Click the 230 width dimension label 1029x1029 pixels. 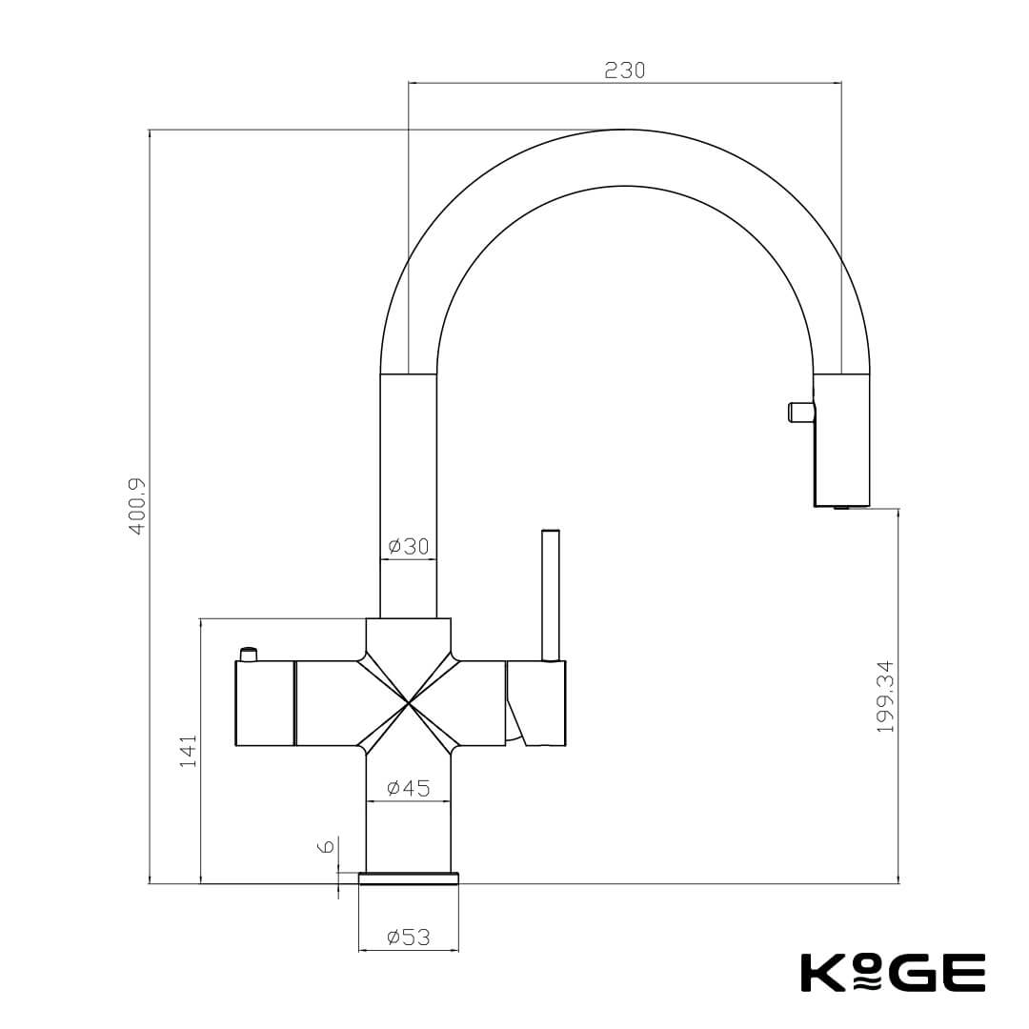(x=624, y=71)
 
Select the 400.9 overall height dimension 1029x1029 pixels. (x=137, y=506)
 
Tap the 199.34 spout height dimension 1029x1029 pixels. (x=886, y=696)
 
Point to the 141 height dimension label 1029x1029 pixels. (x=189, y=751)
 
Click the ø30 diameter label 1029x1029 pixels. (x=409, y=547)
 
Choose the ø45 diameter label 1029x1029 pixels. (x=409, y=788)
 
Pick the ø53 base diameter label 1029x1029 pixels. (x=409, y=938)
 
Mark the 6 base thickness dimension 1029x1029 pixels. (x=326, y=846)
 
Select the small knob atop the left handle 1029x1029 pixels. (x=249, y=654)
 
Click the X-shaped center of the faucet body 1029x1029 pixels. (x=409, y=703)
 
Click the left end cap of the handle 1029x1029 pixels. (x=264, y=703)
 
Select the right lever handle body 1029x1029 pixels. (x=539, y=702)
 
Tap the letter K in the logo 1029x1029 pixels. (x=818, y=972)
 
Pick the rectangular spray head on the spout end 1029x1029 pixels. (x=841, y=440)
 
